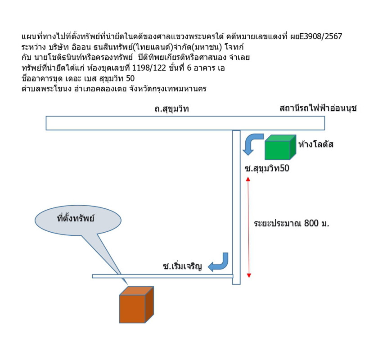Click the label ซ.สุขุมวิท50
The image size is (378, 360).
point(265,169)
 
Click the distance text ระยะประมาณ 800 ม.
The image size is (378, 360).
point(291,223)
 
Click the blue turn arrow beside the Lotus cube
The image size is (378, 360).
point(252,142)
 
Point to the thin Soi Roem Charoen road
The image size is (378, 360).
point(162,276)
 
